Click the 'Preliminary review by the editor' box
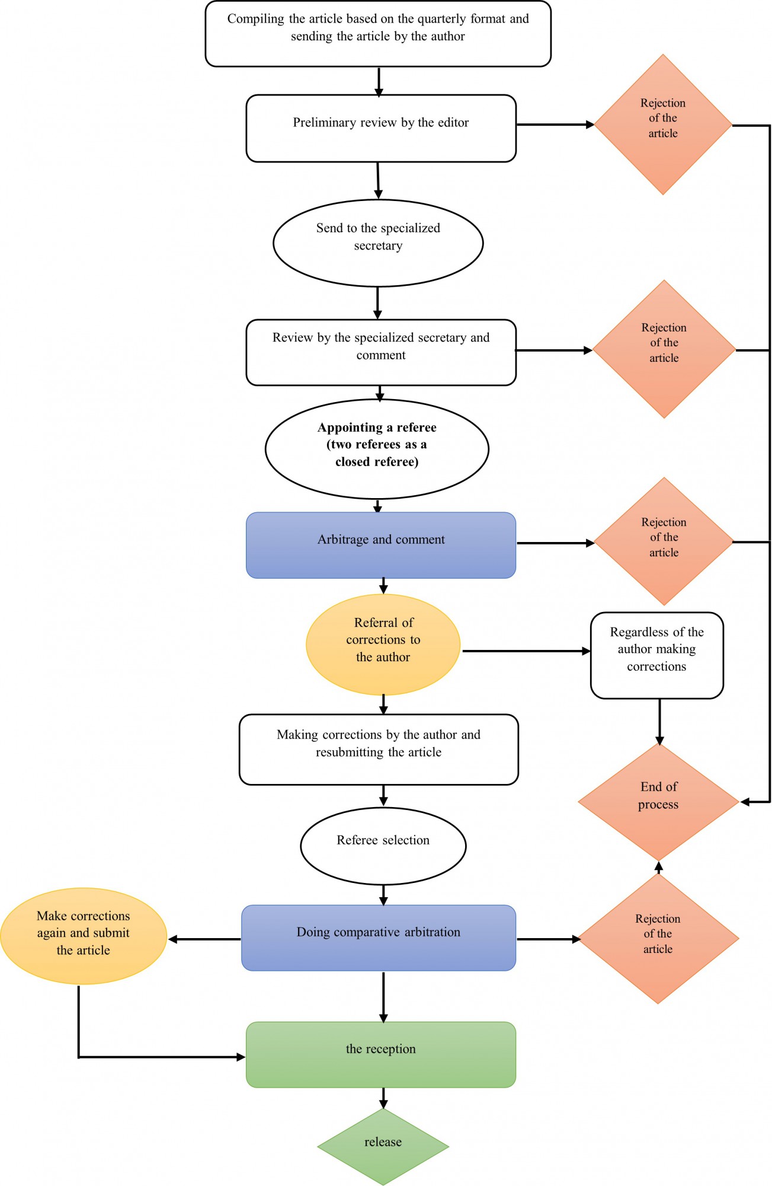tap(381, 128)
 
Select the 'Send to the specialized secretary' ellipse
tap(378, 243)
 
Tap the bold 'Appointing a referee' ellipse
tap(377, 449)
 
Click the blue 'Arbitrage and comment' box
tap(381, 545)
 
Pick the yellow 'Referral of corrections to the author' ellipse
tap(383, 645)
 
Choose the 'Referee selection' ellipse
tap(383, 846)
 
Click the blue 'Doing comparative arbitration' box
tap(379, 938)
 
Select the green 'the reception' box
tap(381, 1054)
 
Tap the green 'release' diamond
tap(383, 1147)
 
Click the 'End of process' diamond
tap(659, 802)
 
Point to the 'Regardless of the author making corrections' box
tap(657, 655)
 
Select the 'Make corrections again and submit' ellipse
tap(84, 936)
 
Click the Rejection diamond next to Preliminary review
tap(663, 125)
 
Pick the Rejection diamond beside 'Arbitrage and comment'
tap(664, 541)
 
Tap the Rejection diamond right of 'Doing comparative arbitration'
tap(658, 939)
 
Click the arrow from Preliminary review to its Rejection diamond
tap(555, 125)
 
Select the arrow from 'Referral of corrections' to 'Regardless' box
tap(526, 651)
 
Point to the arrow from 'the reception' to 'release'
tap(383, 1098)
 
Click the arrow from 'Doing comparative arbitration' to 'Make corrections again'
tap(204, 939)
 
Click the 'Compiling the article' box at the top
tap(378, 34)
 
